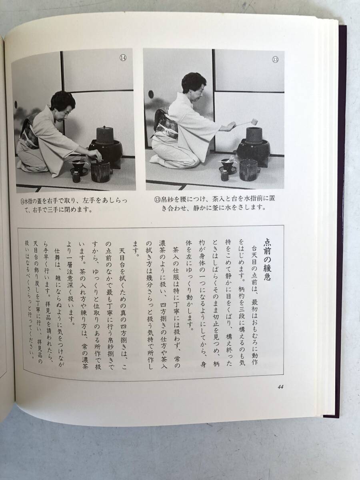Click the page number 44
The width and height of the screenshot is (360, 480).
coord(281,387)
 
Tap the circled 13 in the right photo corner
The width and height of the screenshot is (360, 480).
coord(275,59)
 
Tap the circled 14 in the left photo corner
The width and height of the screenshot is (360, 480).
coord(123,58)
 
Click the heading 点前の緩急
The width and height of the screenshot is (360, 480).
coord(267,260)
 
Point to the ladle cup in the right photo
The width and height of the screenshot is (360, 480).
coord(254,121)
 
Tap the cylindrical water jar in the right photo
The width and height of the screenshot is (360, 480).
coord(248,170)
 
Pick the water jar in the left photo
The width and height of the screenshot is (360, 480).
coord(100,172)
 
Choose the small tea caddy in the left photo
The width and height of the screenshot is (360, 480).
coord(76,177)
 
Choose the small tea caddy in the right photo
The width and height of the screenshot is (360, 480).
coord(224,175)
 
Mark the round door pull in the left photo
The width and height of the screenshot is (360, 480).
coord(16,104)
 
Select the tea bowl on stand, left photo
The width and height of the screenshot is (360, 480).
coord(78,167)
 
